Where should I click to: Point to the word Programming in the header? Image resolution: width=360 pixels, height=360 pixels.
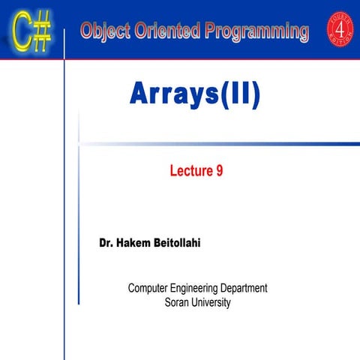tap(259, 32)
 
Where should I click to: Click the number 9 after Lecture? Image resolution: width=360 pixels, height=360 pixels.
tap(219, 172)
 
